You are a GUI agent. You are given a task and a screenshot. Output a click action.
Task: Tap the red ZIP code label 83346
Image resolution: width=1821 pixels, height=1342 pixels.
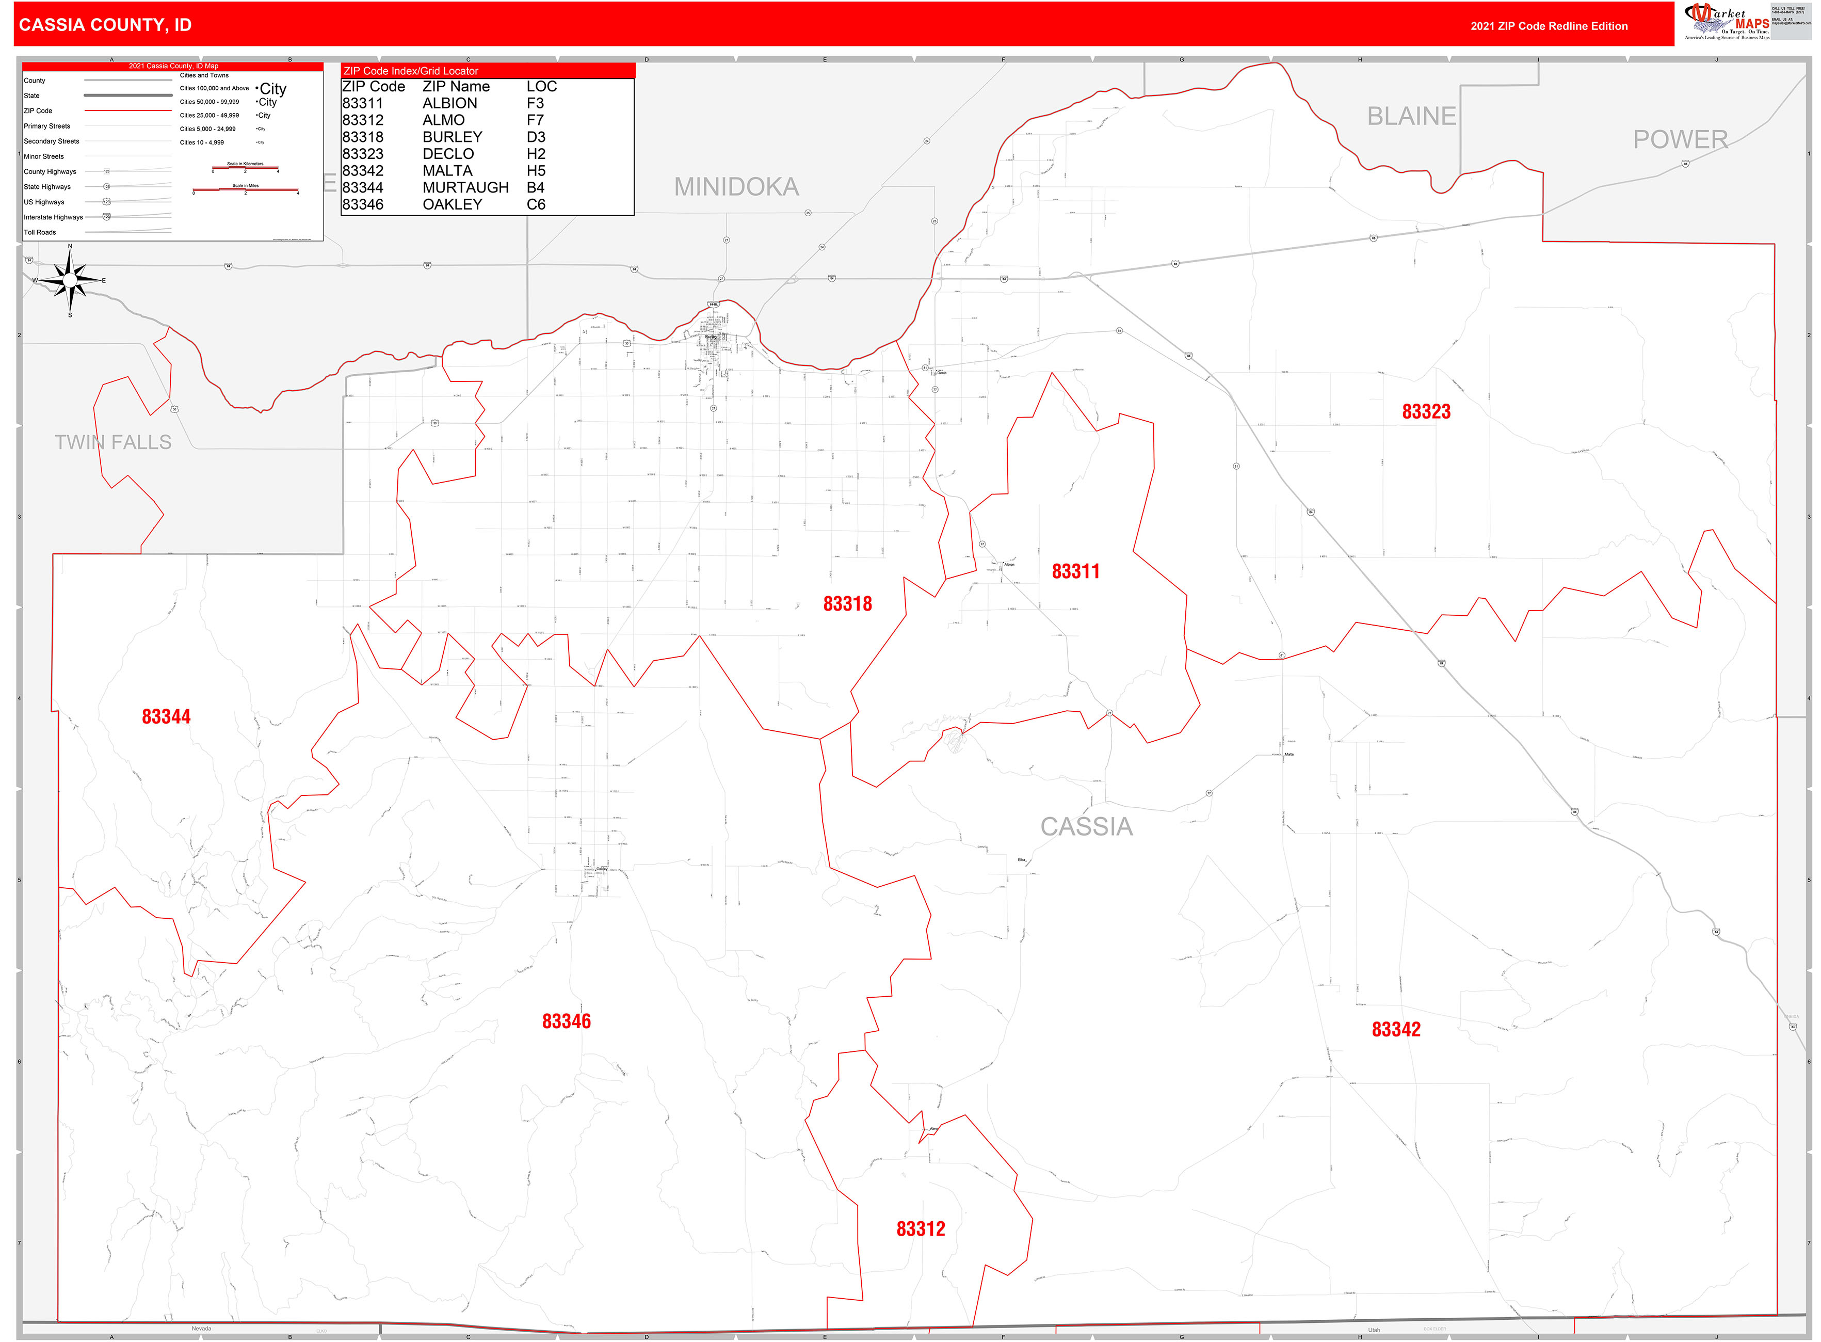pos(566,1021)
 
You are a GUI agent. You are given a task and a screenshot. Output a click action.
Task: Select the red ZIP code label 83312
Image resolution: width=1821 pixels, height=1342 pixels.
pos(920,1229)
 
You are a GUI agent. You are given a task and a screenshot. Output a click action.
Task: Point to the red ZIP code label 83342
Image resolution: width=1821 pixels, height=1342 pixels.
pos(1395,1029)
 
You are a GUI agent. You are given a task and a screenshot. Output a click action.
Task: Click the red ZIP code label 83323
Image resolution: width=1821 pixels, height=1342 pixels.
pos(1425,412)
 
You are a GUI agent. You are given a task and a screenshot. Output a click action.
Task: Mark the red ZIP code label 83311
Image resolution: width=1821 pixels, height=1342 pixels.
pos(1075,571)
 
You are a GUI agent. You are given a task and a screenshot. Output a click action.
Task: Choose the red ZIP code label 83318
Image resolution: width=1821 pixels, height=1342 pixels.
pos(847,603)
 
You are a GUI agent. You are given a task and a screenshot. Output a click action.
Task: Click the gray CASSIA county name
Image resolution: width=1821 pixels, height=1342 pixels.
pos(1086,827)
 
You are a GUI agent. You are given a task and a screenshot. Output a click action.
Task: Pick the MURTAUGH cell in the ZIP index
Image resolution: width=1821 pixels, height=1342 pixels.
pos(465,188)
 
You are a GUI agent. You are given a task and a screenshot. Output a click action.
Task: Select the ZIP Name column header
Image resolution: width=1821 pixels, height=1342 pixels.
pos(456,87)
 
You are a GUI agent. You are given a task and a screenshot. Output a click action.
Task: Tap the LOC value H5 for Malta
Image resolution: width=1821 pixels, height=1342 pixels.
pos(535,171)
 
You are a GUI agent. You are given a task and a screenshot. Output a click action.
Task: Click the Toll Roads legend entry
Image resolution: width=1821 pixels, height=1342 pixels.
pos(40,232)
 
